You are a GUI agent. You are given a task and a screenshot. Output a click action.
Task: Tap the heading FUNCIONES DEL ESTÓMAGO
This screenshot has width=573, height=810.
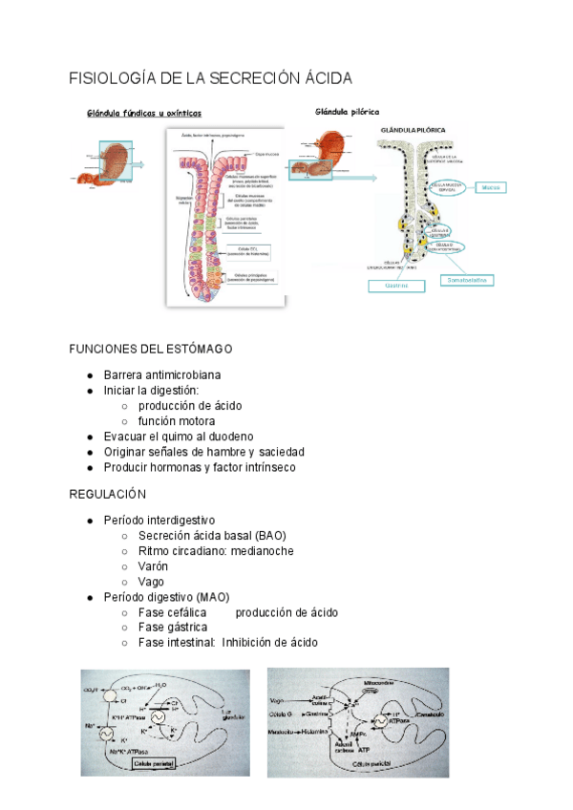[x=151, y=349]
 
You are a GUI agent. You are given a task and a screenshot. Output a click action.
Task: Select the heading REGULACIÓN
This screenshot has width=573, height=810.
[x=108, y=494]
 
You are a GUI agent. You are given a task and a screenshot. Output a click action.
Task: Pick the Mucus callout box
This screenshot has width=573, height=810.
[x=493, y=188]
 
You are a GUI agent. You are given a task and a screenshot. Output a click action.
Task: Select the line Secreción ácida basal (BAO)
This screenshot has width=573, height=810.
[x=212, y=536]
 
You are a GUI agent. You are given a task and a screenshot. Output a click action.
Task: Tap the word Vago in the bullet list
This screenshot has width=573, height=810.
[x=151, y=582]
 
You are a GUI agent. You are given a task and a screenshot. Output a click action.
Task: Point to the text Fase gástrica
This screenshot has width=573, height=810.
[x=173, y=628]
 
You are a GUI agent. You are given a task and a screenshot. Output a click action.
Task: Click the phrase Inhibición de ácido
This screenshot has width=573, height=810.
[x=270, y=643]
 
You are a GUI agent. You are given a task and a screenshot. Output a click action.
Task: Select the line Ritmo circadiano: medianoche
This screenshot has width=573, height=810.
[x=216, y=551]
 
